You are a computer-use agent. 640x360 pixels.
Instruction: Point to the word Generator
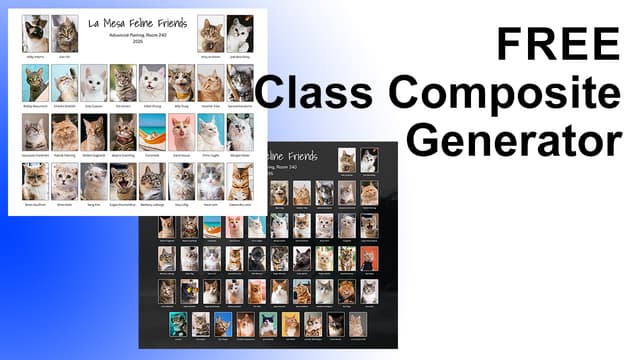tap(514, 140)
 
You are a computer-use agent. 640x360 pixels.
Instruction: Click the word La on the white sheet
tap(95, 23)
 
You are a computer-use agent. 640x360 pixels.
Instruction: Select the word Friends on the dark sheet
tap(299, 156)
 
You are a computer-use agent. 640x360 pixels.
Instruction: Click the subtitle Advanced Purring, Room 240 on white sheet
tap(137, 36)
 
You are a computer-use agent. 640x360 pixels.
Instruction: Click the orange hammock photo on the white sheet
tap(153, 131)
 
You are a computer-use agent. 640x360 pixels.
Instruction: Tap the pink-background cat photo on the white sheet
tap(181, 131)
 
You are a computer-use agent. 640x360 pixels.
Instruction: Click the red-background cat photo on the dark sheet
tap(369, 258)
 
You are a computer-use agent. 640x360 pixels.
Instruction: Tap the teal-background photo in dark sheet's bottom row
tap(178, 323)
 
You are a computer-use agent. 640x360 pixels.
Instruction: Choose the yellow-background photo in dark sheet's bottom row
tap(290, 323)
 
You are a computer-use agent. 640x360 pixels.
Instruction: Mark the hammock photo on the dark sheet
tap(211, 226)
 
